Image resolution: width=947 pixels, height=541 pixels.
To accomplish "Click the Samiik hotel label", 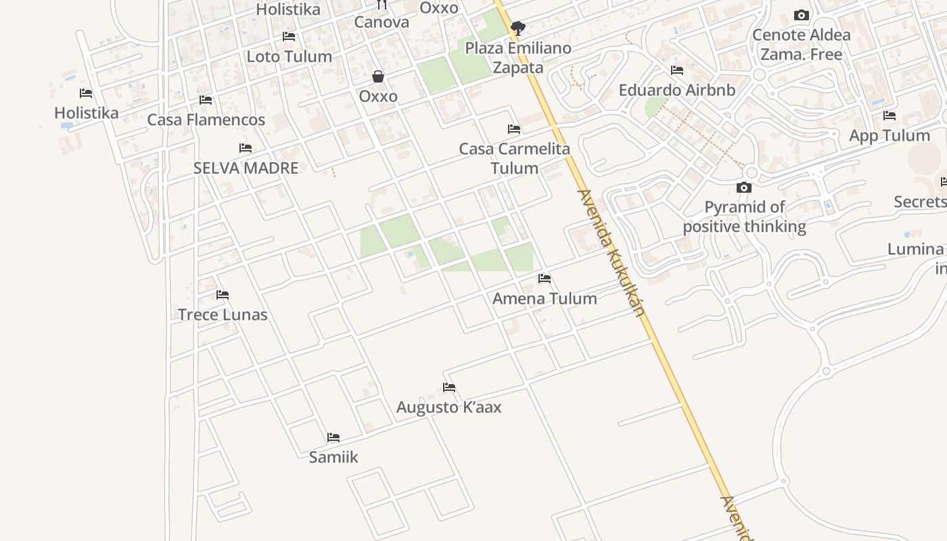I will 333,457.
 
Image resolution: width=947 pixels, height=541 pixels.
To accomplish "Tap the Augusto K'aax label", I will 448,407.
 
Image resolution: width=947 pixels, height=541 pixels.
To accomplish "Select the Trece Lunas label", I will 223,314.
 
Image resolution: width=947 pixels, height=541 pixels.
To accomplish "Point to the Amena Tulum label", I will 545,298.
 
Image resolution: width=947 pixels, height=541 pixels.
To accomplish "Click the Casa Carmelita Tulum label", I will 514,158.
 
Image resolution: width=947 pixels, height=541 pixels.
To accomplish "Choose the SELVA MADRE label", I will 246,168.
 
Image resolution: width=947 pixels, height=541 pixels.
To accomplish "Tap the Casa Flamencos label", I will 206,120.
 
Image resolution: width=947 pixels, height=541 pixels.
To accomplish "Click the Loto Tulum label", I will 289,56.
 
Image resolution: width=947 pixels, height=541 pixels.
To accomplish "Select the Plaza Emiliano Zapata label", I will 518,57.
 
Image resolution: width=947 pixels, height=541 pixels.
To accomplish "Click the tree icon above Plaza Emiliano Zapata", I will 518,28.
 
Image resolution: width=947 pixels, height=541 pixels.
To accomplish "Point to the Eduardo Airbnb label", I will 676,90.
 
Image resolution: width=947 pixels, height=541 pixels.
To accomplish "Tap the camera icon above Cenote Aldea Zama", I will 802,16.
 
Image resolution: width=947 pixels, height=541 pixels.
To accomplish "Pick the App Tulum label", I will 890,135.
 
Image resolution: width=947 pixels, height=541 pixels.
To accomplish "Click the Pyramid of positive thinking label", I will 744,216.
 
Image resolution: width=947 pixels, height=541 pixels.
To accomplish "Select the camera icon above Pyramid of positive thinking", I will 744,187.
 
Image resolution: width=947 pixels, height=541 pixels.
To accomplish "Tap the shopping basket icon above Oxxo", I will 378,76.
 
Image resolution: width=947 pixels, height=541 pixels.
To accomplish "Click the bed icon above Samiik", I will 333,438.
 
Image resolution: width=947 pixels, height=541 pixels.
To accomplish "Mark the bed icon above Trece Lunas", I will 223,295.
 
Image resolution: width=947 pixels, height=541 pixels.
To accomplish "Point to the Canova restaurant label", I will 382,22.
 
